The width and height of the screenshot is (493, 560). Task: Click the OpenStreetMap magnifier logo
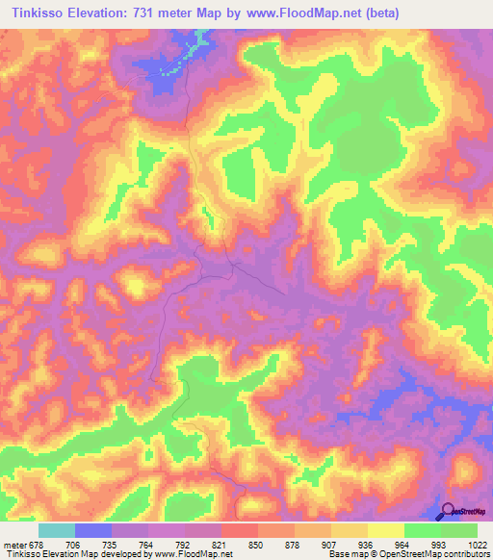449,511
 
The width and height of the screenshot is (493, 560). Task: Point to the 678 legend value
39,544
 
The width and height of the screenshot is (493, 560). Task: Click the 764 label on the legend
148,544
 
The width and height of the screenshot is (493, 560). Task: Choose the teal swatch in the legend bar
57,530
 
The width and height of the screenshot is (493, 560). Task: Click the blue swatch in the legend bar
93,530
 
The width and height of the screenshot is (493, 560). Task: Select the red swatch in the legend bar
240,530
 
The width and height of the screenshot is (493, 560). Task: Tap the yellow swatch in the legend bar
386,530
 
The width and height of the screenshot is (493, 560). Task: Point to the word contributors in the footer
466,554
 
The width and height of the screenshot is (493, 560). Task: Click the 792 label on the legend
185,544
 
